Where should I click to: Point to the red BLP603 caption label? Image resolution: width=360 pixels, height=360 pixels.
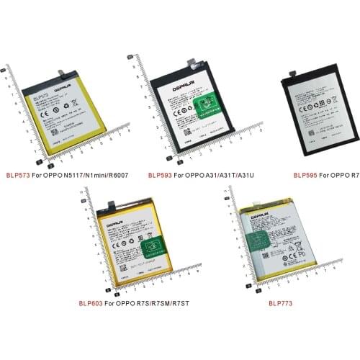coord(91,303)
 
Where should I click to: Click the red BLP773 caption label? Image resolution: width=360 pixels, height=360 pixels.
coord(280,303)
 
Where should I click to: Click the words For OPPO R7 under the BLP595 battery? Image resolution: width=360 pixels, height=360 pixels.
coord(339,175)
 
